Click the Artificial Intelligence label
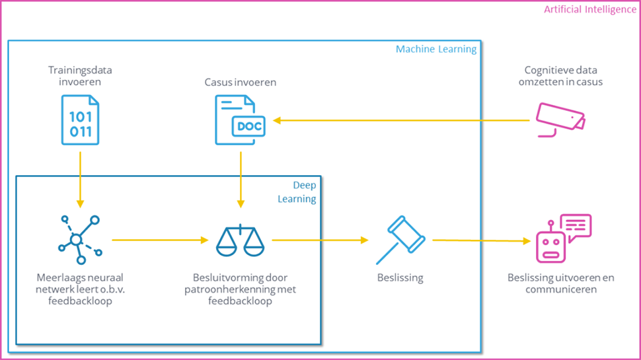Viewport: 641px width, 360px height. [589, 10]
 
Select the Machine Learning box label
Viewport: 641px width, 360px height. [435, 50]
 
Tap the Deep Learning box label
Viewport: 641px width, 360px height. [305, 192]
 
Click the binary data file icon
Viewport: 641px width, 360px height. [81, 120]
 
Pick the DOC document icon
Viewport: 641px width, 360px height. [239, 120]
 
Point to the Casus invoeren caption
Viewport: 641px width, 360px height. [240, 83]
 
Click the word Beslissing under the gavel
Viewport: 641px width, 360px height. [400, 278]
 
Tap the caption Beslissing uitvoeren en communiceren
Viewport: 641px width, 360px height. [561, 283]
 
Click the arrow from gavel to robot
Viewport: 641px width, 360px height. [482, 240]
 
